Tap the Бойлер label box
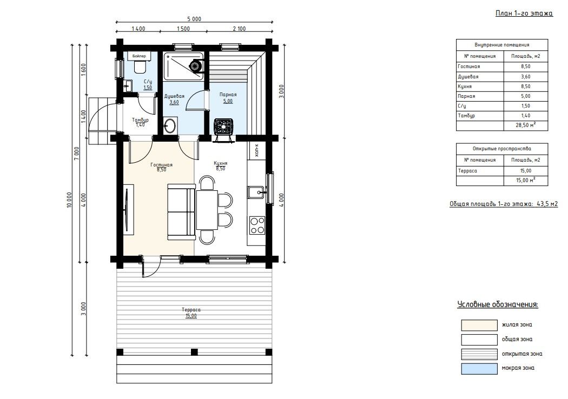(140, 56)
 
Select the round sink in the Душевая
(169, 125)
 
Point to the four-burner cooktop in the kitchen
(257, 225)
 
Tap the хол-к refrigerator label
(257, 151)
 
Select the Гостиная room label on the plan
(162, 165)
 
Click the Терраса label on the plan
(191, 310)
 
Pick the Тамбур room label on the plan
(140, 120)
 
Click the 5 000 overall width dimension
(194, 19)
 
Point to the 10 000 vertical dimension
(69, 199)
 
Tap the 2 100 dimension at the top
(239, 29)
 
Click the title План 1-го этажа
(524, 14)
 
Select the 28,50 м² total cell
(526, 125)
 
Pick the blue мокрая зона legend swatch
(479, 369)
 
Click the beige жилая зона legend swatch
(479, 325)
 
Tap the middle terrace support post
(194, 352)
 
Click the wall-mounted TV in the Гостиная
(127, 210)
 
